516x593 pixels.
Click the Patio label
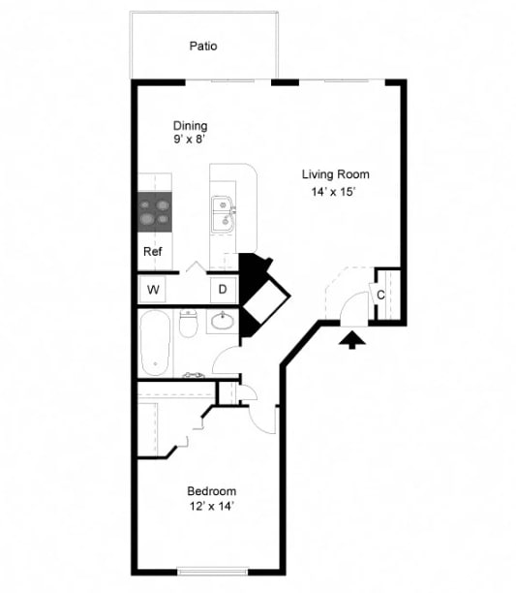pyautogui.click(x=203, y=46)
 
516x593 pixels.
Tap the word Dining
pyautogui.click(x=190, y=126)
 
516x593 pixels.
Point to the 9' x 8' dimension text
pyautogui.click(x=190, y=140)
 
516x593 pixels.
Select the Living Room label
pyautogui.click(x=335, y=174)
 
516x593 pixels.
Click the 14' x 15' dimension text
pyautogui.click(x=335, y=192)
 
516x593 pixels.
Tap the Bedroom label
pyautogui.click(x=212, y=491)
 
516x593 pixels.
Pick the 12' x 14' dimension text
pyautogui.click(x=212, y=506)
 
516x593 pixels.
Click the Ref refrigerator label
pyautogui.click(x=152, y=251)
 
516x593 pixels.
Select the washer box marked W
pyautogui.click(x=153, y=289)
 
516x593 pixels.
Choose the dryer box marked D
pyautogui.click(x=222, y=289)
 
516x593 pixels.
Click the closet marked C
pyautogui.click(x=380, y=295)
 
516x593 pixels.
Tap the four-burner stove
pyautogui.click(x=154, y=211)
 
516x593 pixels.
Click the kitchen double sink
pyautogui.click(x=223, y=214)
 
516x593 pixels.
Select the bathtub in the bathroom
pyautogui.click(x=155, y=343)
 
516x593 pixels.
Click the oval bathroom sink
pyautogui.click(x=223, y=321)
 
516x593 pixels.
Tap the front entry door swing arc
pyautogui.click(x=344, y=296)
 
